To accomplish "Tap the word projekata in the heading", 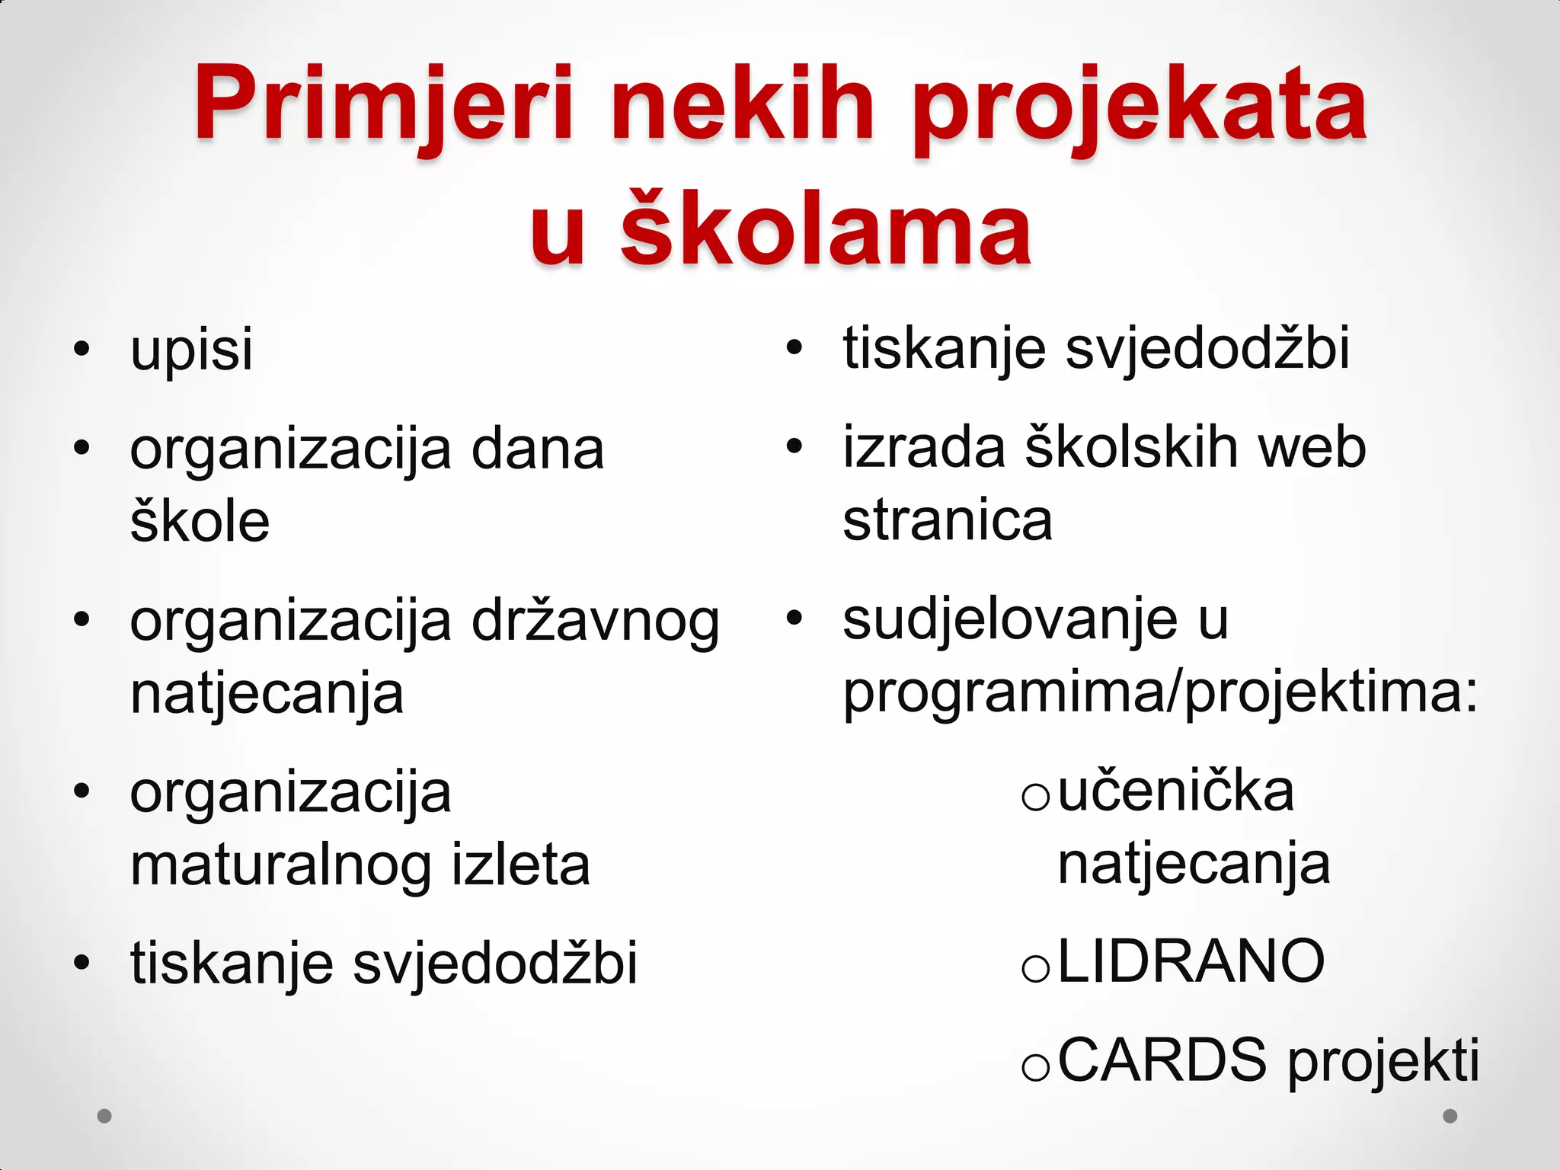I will (x=1140, y=107).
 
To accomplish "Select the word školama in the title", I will (x=826, y=229).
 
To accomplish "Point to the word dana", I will (x=538, y=449).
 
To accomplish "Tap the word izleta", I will (x=521, y=865).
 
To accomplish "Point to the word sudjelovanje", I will (x=1010, y=622).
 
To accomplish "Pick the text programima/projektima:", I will (x=1160, y=693).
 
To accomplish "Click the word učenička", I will (x=1176, y=792).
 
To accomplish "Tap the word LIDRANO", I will (x=1191, y=962).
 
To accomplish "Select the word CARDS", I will (x=1162, y=1060).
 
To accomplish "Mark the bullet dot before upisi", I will (x=82, y=350).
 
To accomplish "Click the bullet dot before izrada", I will (x=794, y=447).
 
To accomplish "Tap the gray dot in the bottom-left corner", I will (x=104, y=1116).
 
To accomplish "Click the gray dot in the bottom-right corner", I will (x=1450, y=1116).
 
